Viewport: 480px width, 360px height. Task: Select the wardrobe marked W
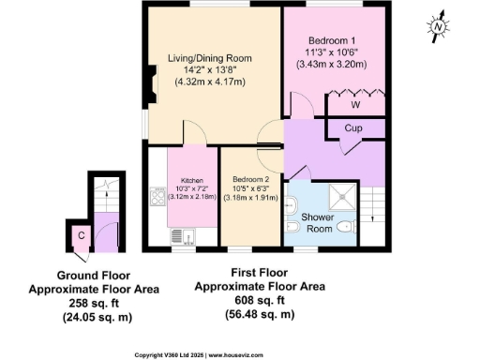point(354,104)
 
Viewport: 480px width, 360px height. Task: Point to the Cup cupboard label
point(353,128)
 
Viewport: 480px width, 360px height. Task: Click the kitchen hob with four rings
point(155,198)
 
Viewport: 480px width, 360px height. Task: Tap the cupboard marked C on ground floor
point(82,235)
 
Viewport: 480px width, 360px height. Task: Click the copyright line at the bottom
point(240,354)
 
